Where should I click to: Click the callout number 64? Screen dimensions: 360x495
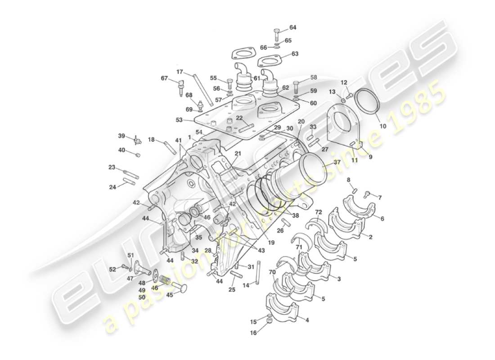point(293,27)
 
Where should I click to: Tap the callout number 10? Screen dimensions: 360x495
point(382,126)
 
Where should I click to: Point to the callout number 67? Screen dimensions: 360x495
point(164,78)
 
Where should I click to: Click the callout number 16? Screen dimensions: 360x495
point(253,333)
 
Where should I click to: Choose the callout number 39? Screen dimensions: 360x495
point(121,136)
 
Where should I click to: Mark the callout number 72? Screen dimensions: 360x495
point(319,211)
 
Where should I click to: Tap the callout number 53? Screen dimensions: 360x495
point(180,121)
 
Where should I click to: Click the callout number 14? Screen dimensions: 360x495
point(246,285)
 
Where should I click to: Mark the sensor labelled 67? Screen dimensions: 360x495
point(181,86)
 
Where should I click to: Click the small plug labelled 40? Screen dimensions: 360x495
point(138,155)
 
